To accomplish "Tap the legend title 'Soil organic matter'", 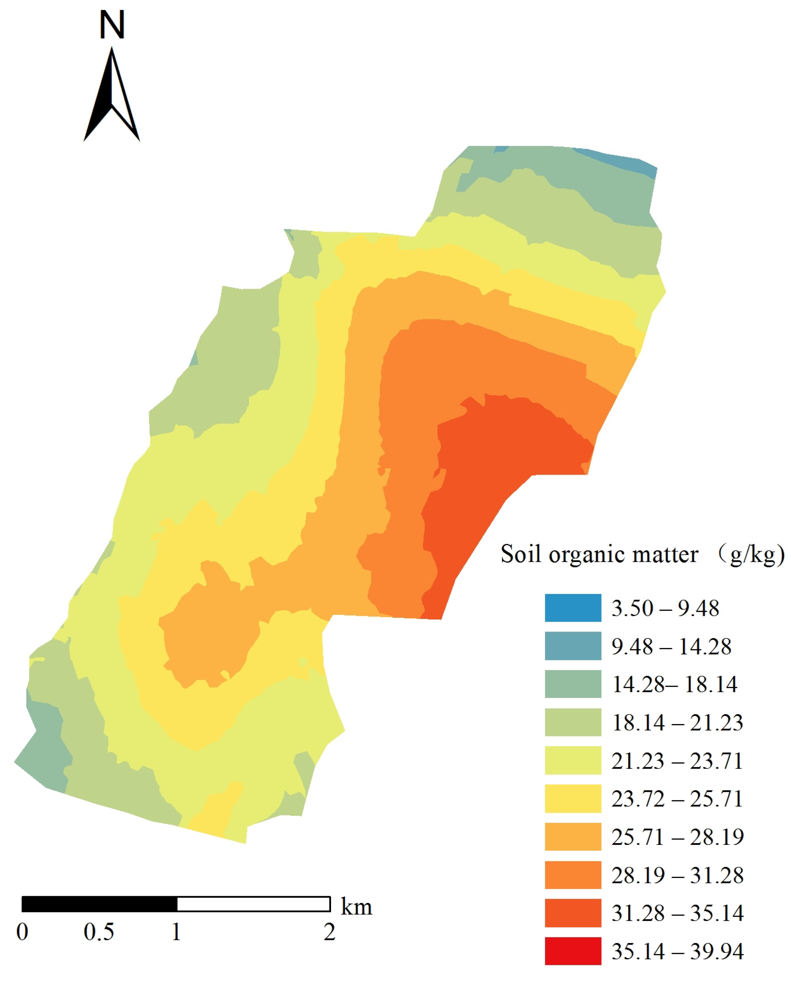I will [x=599, y=554].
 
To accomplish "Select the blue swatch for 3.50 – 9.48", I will [x=572, y=608].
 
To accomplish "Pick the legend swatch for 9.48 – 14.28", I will [x=572, y=646].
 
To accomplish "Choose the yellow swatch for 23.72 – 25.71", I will [x=572, y=798].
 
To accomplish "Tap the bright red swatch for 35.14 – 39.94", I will [x=572, y=951].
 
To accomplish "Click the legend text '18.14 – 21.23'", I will [x=677, y=722].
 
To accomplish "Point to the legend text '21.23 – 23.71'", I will [x=677, y=760].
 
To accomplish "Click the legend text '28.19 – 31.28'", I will [x=677, y=875].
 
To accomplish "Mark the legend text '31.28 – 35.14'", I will [x=677, y=913].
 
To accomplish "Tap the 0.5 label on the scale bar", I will [x=98, y=932].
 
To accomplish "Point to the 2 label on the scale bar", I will [x=329, y=932].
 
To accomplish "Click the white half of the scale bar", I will [x=253, y=904].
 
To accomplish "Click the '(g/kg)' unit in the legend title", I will [x=753, y=554].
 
